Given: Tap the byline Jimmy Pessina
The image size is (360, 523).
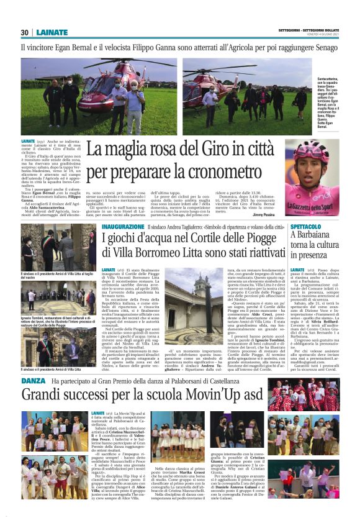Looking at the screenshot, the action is pyautogui.click(x=264, y=213).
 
